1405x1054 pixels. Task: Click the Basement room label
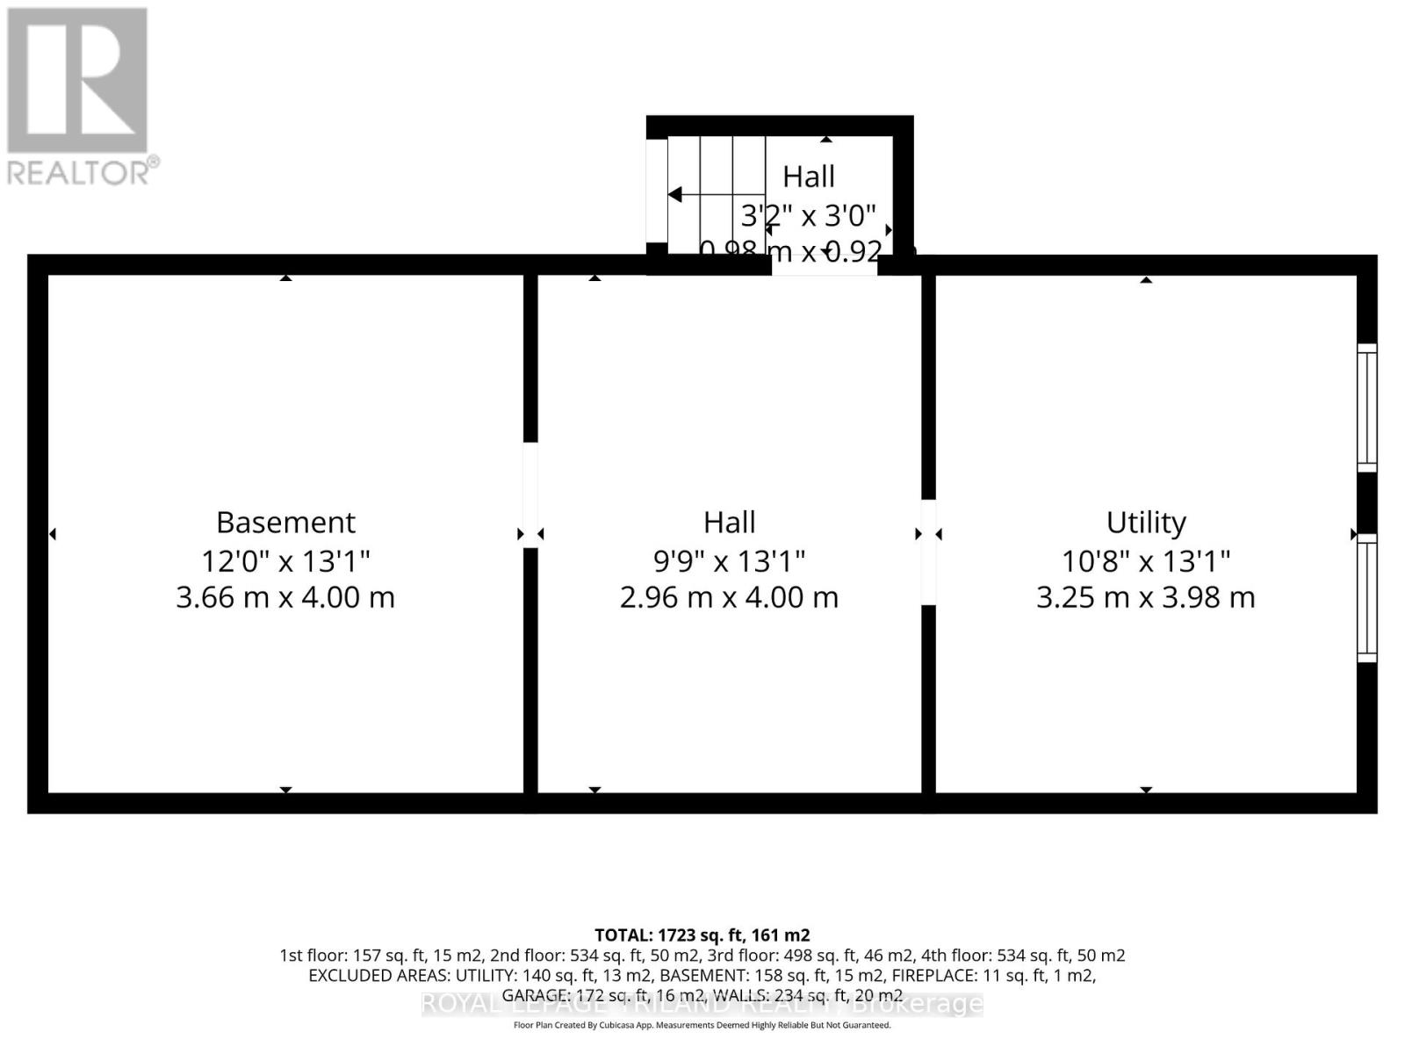(285, 523)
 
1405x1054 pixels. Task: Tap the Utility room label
(1146, 523)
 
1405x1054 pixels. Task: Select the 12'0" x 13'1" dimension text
(285, 560)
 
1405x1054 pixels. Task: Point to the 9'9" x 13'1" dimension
(729, 560)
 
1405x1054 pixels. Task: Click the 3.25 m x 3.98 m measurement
(1146, 597)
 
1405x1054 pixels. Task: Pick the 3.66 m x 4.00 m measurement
(285, 597)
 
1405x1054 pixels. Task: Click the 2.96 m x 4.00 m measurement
(729, 597)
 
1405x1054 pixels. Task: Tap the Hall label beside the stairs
(808, 177)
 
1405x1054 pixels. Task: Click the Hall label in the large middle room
(729, 523)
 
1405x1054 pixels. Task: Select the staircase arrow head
(675, 194)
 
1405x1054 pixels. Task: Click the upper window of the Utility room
(1367, 408)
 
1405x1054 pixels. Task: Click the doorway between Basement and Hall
(530, 495)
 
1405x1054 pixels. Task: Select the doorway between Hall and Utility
(928, 552)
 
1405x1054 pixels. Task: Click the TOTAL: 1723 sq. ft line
(702, 935)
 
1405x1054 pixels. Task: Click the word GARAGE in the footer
(535, 995)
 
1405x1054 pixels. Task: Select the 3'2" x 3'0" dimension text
(808, 215)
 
